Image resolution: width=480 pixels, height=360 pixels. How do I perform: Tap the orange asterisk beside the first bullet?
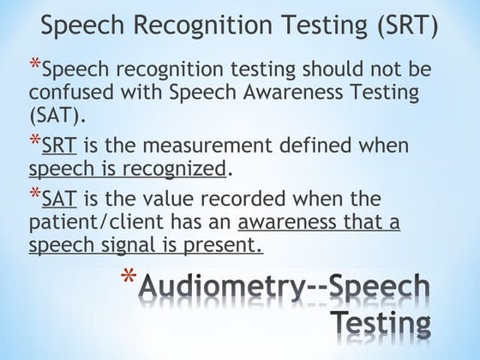[x=33, y=65]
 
